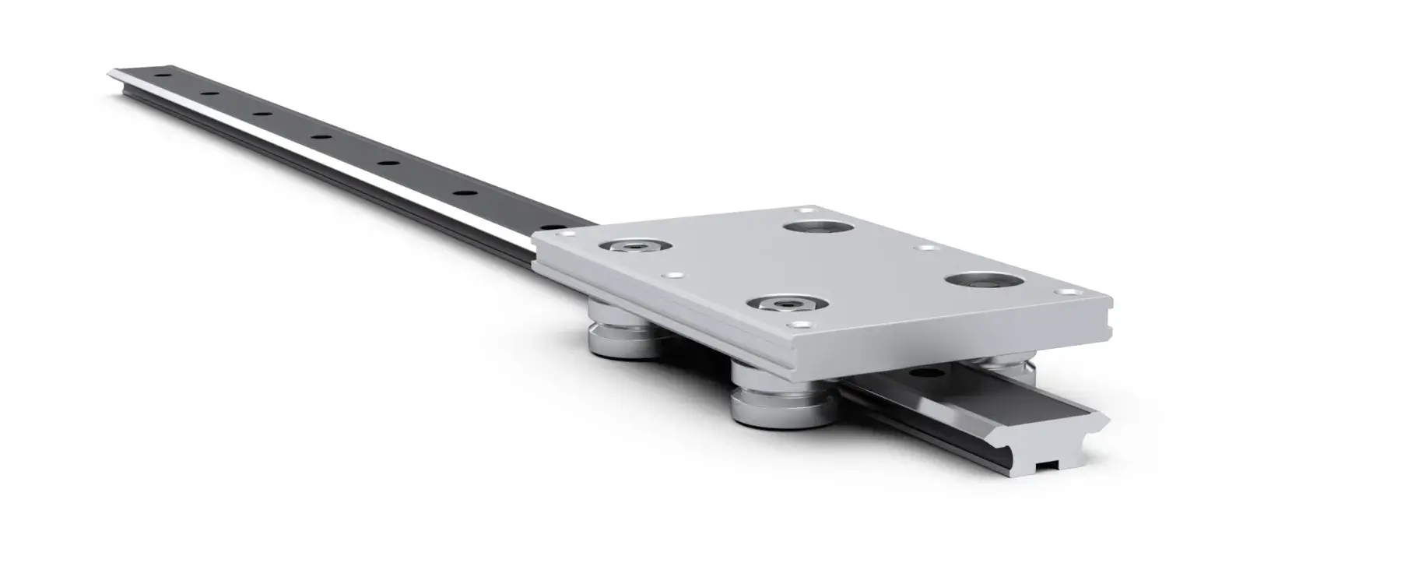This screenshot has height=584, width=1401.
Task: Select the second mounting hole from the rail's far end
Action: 208,95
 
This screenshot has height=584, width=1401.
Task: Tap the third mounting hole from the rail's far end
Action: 261,115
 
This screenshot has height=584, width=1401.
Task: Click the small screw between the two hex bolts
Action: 670,276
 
